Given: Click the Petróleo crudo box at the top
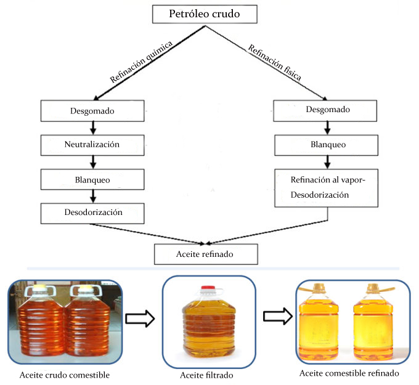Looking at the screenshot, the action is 205,14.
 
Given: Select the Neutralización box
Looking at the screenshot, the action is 92,145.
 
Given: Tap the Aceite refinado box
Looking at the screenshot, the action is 206,254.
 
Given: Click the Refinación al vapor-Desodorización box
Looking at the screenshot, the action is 327,188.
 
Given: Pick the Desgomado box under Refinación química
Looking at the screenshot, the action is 92,111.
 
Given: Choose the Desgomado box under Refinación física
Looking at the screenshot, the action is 325,111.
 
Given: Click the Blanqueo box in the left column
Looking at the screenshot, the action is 92,179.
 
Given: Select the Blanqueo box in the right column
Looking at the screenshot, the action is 327,145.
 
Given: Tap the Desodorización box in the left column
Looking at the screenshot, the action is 92,214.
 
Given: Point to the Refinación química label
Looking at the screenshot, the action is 141,62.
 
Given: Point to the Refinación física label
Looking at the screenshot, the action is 275,62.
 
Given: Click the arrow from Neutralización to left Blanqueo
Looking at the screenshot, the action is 93,162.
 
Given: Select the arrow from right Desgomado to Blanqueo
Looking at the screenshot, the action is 327,128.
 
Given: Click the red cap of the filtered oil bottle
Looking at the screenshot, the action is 208,288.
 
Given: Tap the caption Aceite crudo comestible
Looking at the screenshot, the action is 65,375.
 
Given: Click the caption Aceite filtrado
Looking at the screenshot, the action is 206,375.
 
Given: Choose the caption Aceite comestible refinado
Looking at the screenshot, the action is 349,373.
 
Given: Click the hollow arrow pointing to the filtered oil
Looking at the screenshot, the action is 140,318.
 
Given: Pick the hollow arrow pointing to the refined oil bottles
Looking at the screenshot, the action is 278,317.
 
